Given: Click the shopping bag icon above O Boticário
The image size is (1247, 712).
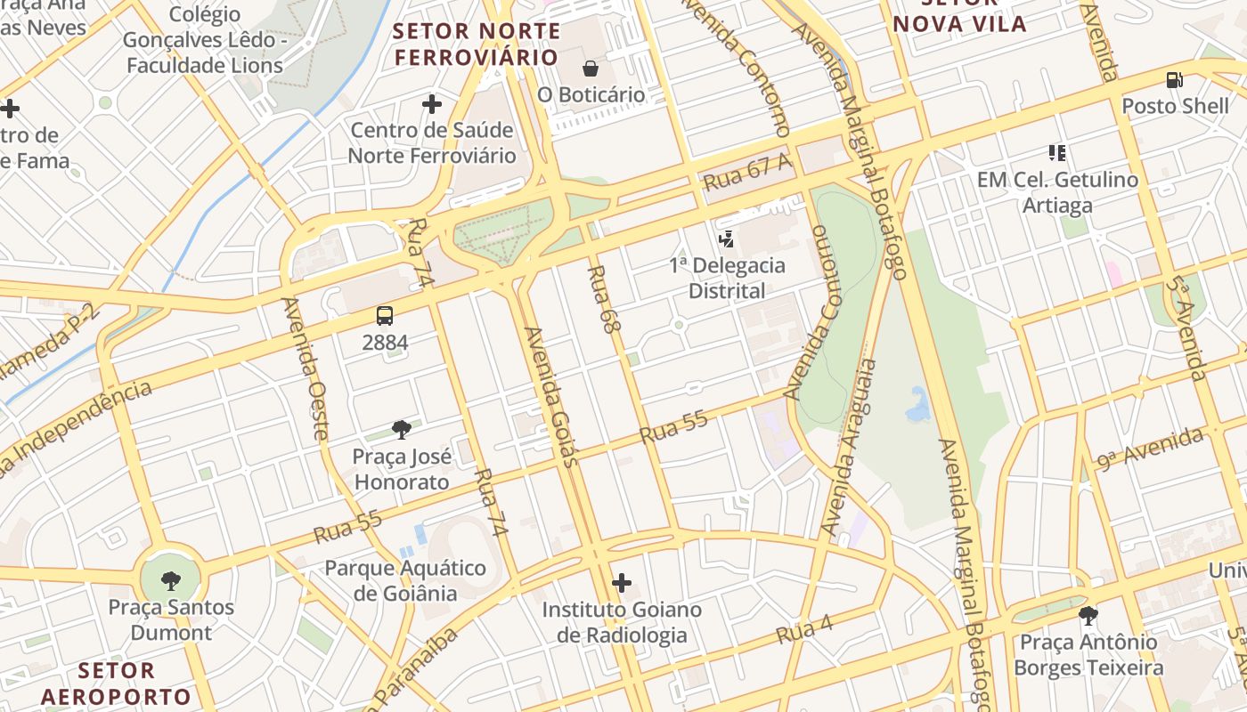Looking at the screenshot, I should tap(590, 69).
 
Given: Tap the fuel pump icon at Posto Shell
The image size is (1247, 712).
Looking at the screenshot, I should tap(1175, 80).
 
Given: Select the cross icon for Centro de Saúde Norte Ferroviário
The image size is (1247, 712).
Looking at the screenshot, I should tap(432, 105).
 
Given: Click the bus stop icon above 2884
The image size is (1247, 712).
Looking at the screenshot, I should tap(385, 316).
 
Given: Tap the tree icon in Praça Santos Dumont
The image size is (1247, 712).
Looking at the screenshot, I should tap(171, 582).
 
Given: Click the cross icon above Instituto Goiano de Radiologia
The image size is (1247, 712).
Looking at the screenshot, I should tap(622, 584).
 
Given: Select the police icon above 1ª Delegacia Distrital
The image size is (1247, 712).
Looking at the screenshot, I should tap(727, 239).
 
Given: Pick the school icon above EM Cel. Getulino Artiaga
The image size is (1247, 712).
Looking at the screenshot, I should tap(1057, 153).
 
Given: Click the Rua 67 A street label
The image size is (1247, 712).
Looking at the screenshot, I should tap(746, 172).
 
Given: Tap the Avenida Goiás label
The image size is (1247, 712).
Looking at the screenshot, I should tap(552, 396).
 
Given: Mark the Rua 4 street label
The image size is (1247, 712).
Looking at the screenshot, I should tap(803, 631).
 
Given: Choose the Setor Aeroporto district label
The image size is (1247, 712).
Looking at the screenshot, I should tap(116, 683).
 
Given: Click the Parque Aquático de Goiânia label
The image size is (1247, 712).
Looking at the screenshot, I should tap(405, 580).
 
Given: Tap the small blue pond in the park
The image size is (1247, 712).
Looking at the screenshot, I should tap(917, 405).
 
